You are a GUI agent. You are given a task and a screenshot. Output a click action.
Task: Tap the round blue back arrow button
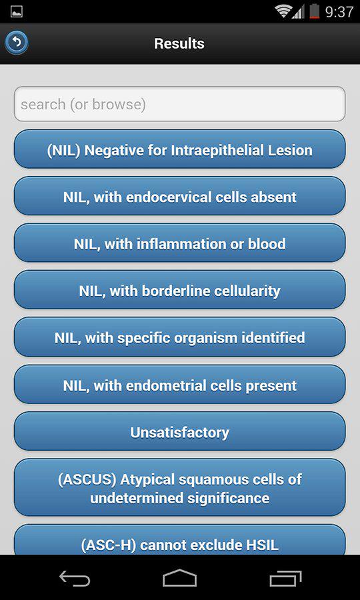(17, 43)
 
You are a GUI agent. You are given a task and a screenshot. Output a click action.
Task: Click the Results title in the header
(179, 43)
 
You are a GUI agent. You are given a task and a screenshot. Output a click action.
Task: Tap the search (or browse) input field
(179, 104)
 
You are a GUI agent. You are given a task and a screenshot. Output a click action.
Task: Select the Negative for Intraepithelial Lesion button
(179, 149)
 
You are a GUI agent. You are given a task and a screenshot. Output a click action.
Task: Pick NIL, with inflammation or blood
(179, 243)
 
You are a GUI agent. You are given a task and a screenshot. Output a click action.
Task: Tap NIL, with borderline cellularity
(179, 291)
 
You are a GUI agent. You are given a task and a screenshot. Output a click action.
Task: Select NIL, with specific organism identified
(179, 337)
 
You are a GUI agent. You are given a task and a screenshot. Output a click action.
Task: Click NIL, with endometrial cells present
(179, 385)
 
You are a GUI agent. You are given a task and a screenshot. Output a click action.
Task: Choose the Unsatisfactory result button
(179, 431)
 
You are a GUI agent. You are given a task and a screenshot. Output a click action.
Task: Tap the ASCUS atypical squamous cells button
(179, 488)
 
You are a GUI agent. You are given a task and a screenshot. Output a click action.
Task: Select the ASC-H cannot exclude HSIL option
(179, 540)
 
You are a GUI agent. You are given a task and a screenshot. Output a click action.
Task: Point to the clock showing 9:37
(339, 11)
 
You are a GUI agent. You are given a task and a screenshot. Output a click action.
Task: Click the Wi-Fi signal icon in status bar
(283, 11)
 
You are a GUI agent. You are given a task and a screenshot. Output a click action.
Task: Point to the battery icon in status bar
(315, 11)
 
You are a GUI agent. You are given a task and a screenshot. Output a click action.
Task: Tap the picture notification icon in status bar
(16, 11)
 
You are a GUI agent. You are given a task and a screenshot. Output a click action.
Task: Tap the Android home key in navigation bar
(179, 578)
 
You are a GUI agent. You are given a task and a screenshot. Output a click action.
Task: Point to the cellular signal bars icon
(299, 12)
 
